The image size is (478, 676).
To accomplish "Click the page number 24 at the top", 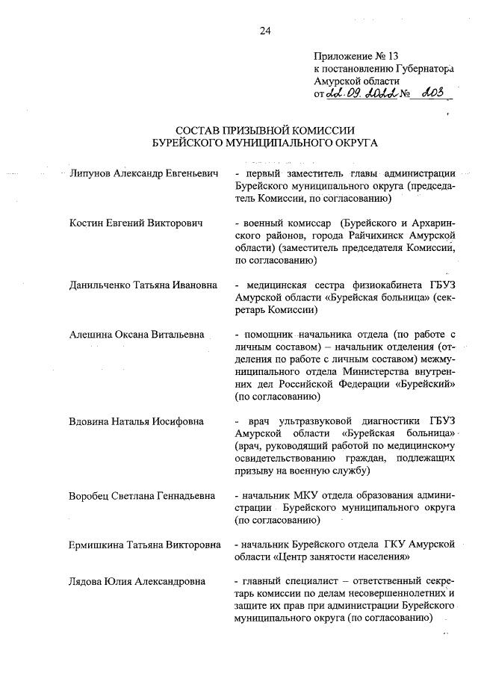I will [x=265, y=31].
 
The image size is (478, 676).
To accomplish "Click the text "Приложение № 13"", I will [x=353, y=56].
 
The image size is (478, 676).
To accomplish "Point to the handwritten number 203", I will [x=433, y=93].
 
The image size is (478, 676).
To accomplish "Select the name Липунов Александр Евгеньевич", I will [x=143, y=174].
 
